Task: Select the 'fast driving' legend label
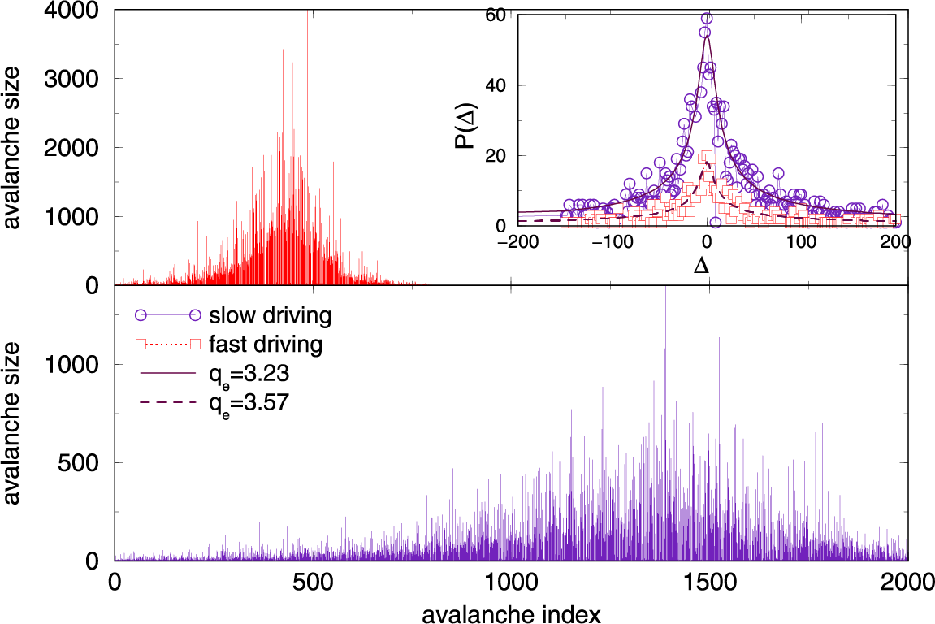coord(266,344)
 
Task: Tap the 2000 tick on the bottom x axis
coord(907,583)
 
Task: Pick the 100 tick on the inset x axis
coord(802,242)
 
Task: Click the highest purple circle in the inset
coord(707,18)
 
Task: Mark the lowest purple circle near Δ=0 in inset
coord(715,222)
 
